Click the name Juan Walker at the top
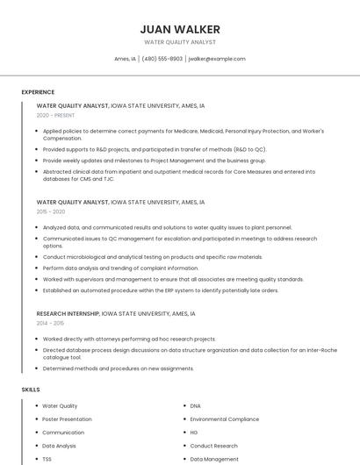[x=180, y=29]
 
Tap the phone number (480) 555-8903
[x=162, y=59]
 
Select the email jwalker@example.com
[x=217, y=59]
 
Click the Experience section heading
[x=38, y=92]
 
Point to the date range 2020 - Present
[x=55, y=115]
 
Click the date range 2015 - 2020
[x=51, y=211]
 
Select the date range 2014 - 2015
[x=50, y=323]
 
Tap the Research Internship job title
[x=68, y=313]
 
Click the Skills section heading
[x=31, y=389]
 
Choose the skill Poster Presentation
[x=68, y=419]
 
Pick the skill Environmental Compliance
[x=224, y=419]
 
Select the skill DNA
[x=195, y=406]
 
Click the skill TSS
[x=47, y=459]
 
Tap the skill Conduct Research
[x=213, y=446]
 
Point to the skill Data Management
[x=214, y=459]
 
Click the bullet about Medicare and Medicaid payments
[x=176, y=134]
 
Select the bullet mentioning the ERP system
[x=161, y=290]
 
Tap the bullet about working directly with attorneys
[x=129, y=339]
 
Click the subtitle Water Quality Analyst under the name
[x=180, y=42]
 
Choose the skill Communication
[x=63, y=433]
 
